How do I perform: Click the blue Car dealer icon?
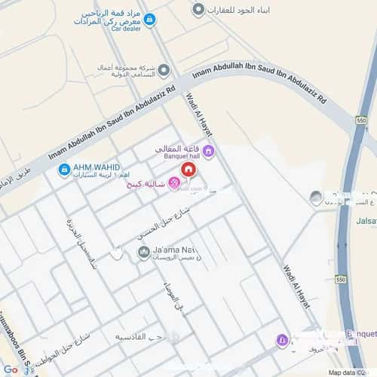point(149,20)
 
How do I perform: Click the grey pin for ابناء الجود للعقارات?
point(198,9)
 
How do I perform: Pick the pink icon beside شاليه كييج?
point(173,182)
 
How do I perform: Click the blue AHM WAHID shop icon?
point(64,169)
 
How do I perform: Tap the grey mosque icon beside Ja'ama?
point(143,253)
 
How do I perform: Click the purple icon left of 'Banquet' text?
point(281,340)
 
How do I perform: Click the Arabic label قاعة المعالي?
point(178,149)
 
